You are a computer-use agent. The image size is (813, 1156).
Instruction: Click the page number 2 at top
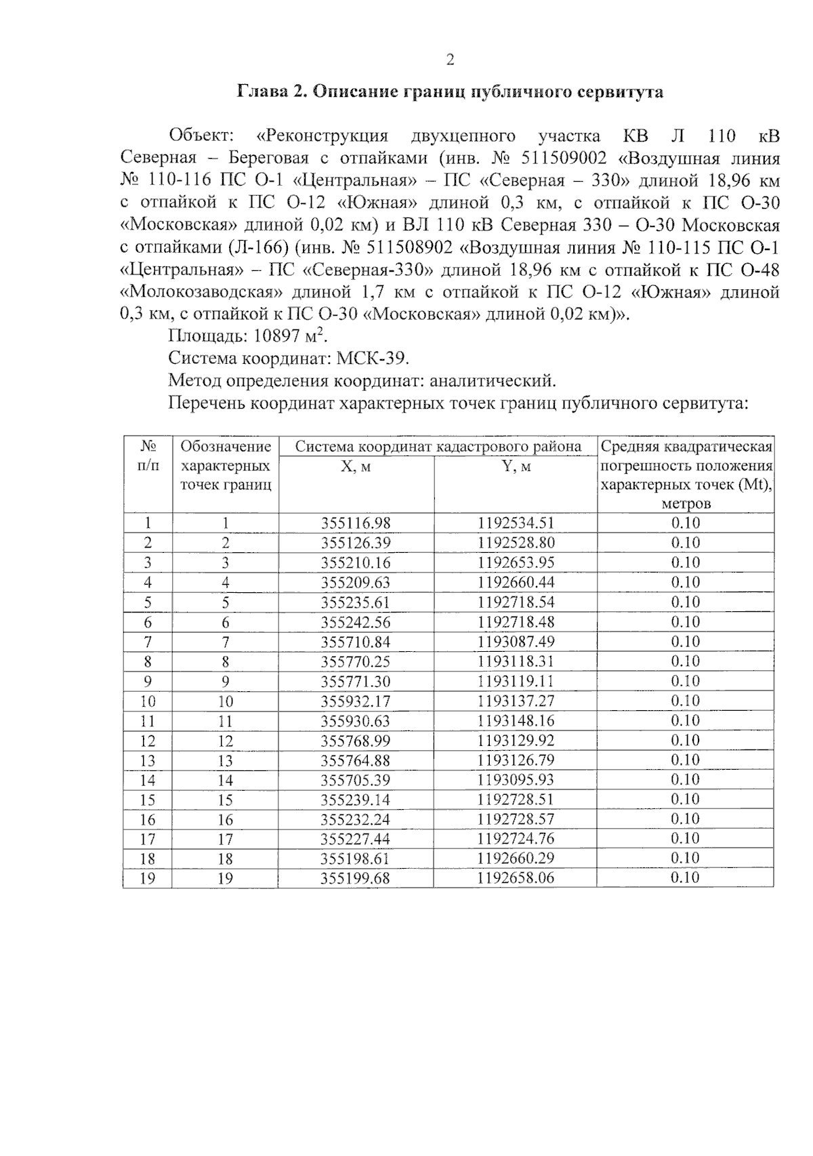[x=450, y=60]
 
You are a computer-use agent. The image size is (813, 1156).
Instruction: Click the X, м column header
[x=356, y=467]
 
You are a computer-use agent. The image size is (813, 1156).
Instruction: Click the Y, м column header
[x=515, y=467]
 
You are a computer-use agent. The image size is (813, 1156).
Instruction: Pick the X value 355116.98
[x=356, y=523]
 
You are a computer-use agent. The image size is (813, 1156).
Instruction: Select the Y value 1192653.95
[x=516, y=562]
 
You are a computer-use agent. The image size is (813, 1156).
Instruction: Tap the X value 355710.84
[x=356, y=642]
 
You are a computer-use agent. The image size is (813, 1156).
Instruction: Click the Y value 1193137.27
[x=516, y=701]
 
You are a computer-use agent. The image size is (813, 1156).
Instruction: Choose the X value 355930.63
[x=356, y=720]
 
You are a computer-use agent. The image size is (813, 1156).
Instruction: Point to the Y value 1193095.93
[x=516, y=780]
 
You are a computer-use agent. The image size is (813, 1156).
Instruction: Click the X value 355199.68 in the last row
[x=356, y=878]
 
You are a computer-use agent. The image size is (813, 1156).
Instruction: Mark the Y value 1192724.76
[x=516, y=839]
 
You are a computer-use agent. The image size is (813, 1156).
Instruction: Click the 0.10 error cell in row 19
[x=685, y=878]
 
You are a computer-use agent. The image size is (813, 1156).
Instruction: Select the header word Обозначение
[x=226, y=447]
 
